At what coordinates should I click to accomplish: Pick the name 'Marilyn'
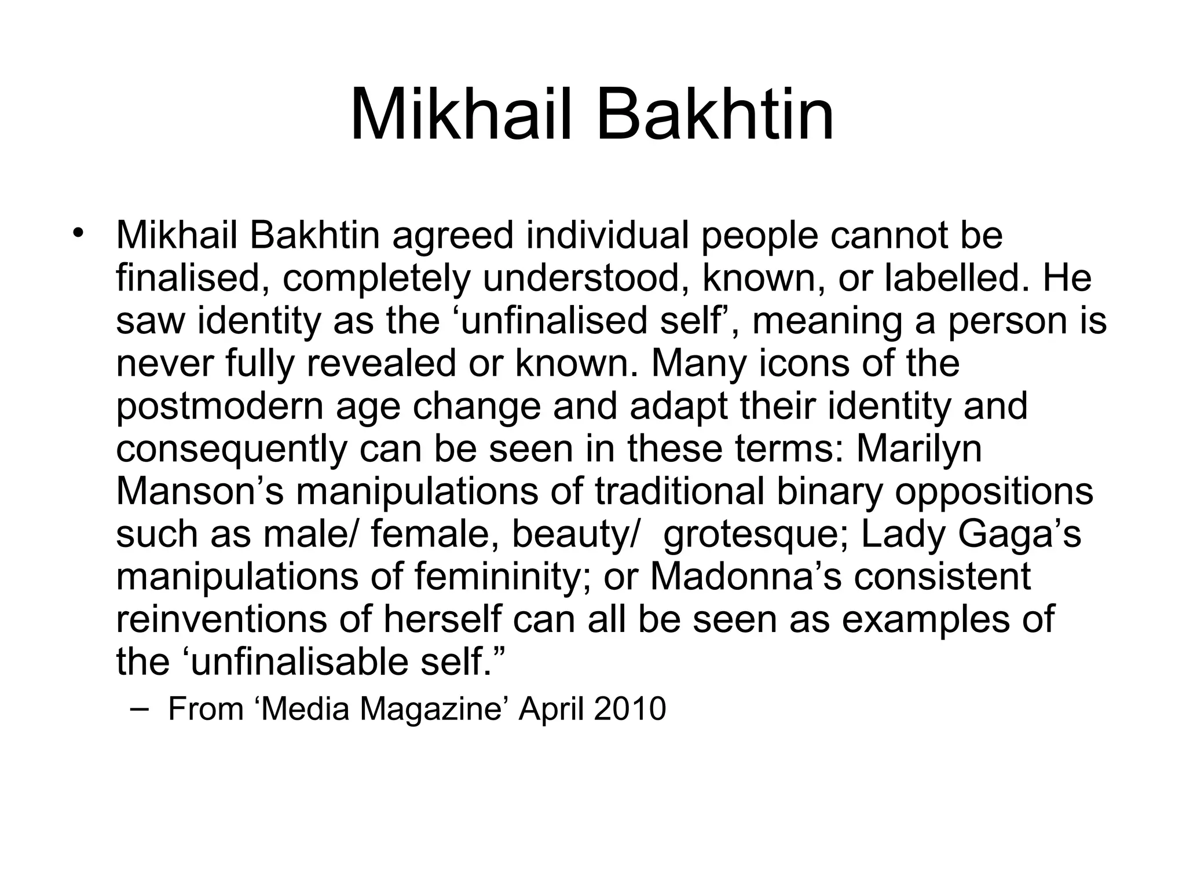click(x=919, y=449)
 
